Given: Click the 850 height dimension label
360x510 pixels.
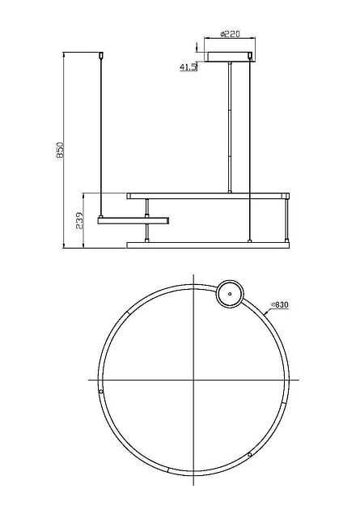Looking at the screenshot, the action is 60,150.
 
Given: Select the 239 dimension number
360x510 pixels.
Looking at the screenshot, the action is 80,221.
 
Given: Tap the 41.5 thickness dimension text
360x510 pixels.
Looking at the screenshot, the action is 188,67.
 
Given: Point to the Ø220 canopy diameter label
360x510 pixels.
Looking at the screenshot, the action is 230,34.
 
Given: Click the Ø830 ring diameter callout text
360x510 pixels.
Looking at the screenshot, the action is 280,304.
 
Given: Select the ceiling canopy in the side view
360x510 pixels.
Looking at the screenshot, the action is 230,57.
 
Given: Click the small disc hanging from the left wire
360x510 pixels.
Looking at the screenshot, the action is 133,221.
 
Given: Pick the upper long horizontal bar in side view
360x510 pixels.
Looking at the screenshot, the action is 208,196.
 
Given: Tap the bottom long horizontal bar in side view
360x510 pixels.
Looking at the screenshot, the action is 208,245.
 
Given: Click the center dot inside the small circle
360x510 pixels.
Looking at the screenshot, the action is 230,294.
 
